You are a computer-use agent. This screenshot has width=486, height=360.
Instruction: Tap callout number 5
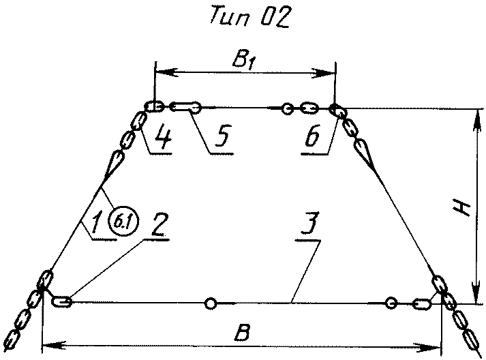[x=219, y=137]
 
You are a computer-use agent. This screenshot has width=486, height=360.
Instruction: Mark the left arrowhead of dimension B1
[x=161, y=70]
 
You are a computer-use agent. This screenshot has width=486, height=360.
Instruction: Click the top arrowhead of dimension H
[x=475, y=113]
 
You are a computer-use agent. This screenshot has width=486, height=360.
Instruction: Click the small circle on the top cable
[x=288, y=108]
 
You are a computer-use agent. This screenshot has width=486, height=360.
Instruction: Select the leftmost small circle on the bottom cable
[x=211, y=303]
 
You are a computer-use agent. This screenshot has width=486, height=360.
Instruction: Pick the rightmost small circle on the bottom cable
[x=391, y=303]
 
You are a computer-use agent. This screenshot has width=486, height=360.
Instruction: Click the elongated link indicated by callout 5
[x=185, y=106]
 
